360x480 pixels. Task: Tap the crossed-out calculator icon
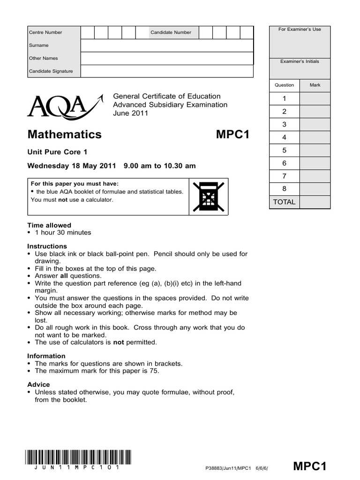209,197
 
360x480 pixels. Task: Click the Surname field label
39,45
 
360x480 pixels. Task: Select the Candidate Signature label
51,71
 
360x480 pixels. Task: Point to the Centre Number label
45,32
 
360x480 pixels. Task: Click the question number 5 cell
284,150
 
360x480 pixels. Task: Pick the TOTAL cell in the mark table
284,202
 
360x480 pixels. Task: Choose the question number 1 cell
284,98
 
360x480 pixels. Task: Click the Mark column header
315,85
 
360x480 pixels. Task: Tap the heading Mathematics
65,135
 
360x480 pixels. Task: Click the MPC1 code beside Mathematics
233,135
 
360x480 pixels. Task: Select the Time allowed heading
49,225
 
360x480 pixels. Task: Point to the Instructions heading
47,246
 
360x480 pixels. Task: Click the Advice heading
38,384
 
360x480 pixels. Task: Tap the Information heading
46,356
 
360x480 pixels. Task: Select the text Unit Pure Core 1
58,152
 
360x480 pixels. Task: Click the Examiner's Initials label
300,61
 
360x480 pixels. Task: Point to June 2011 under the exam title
131,113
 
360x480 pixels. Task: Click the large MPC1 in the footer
309,466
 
